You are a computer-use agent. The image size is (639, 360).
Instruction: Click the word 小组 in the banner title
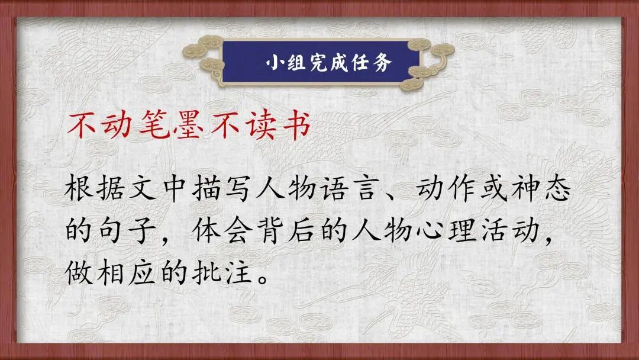[283, 63]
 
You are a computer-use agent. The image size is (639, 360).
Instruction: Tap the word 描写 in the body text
[224, 190]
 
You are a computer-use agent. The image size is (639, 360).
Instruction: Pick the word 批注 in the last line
[224, 272]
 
